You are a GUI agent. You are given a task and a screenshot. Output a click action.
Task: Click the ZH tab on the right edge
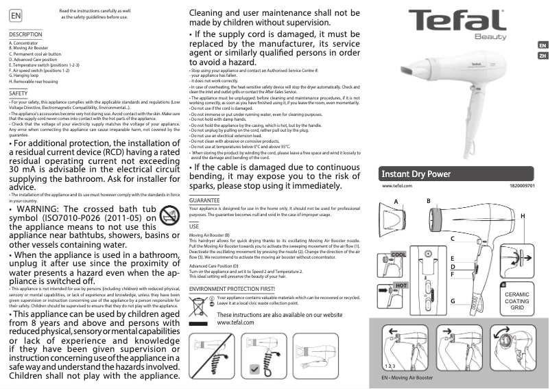[x=542, y=56]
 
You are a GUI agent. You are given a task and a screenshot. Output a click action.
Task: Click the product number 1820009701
[x=523, y=186]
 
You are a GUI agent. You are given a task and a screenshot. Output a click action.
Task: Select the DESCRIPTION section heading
[x=26, y=34]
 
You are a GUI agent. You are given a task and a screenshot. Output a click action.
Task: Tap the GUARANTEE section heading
[x=204, y=200]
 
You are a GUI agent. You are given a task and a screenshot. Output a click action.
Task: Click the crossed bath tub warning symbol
[x=168, y=219]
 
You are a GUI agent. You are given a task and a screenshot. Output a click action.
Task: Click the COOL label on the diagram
[x=399, y=255]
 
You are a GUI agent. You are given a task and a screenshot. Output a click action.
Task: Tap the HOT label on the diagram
[x=400, y=284]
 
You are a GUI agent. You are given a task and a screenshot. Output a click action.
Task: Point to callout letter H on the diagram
[x=523, y=217]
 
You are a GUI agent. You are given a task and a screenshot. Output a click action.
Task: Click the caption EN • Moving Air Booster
[x=407, y=378]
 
